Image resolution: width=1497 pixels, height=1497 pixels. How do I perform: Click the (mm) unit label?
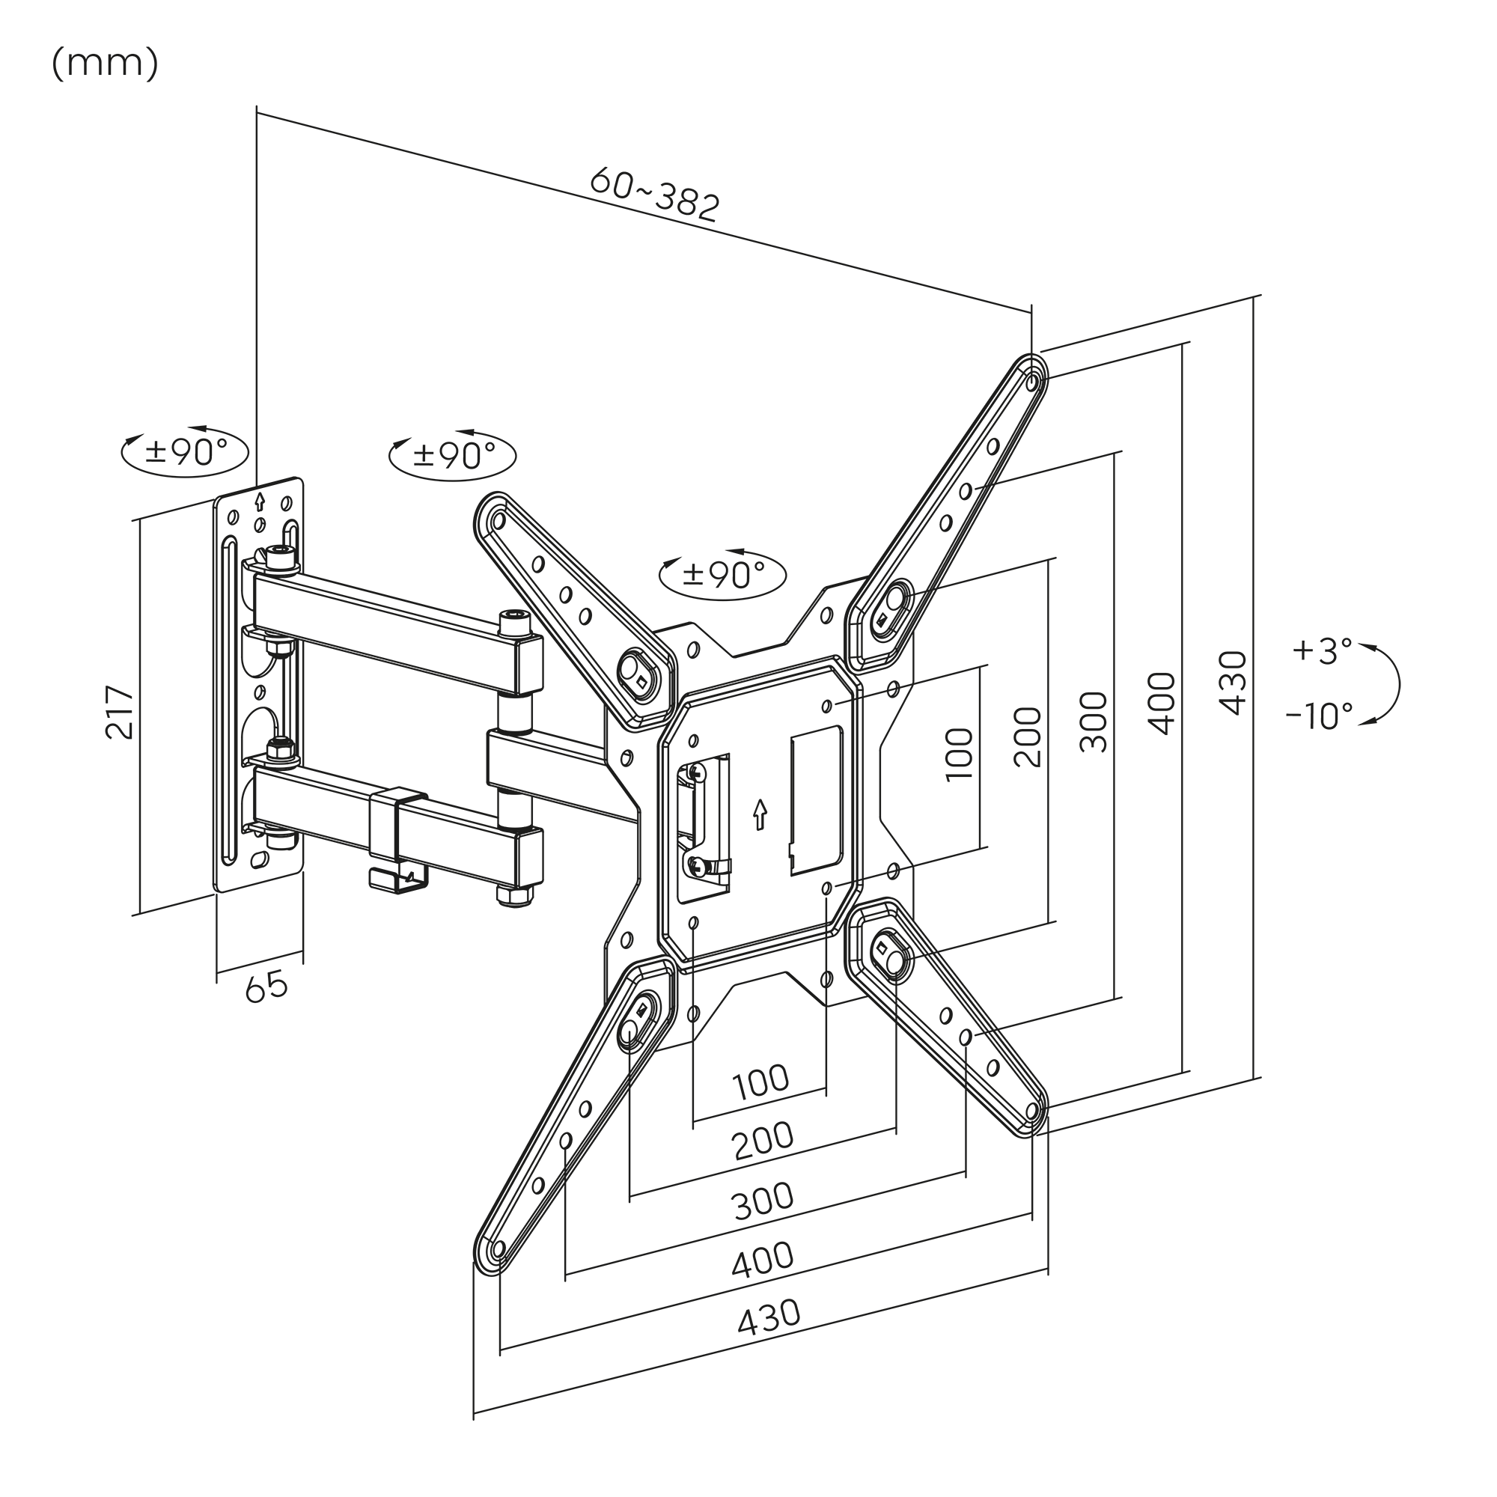(x=106, y=64)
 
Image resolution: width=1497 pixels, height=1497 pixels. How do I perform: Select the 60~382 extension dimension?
(x=656, y=195)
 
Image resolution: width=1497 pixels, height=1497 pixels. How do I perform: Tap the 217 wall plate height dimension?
(x=119, y=711)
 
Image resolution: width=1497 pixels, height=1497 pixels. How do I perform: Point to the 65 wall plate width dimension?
(x=266, y=987)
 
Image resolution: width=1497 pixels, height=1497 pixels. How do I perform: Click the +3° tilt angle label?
(x=1323, y=650)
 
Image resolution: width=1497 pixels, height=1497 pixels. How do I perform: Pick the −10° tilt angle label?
(x=1320, y=716)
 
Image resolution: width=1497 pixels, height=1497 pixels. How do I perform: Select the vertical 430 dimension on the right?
(x=1233, y=683)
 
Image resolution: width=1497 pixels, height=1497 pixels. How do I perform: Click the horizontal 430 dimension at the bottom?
(x=769, y=1317)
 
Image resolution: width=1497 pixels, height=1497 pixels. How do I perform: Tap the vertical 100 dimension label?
(x=960, y=754)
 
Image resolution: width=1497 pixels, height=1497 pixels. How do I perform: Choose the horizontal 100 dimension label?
(x=761, y=1082)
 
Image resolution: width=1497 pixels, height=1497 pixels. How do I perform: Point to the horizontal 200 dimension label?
(x=763, y=1141)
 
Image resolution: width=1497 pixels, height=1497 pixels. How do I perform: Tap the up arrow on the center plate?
(x=760, y=814)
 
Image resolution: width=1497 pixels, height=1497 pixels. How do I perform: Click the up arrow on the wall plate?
(x=260, y=501)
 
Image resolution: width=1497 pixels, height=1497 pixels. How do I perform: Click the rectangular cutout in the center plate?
(x=816, y=800)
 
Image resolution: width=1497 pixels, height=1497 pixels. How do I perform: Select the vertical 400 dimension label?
(x=1162, y=703)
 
